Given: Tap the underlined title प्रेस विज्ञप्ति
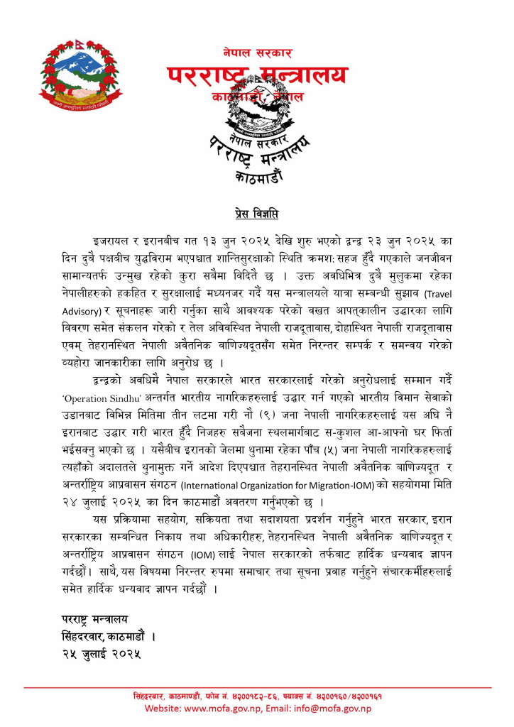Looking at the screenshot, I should point(256,212).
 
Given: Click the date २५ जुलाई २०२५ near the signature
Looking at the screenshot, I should point(100,655).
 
